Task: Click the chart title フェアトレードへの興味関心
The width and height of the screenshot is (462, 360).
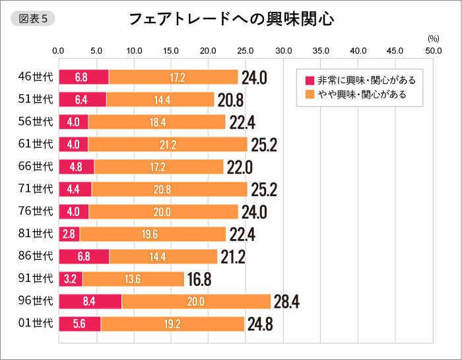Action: [x=231, y=19]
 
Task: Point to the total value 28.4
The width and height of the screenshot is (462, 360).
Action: [x=286, y=302]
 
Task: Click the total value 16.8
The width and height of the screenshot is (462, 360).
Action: [x=199, y=279]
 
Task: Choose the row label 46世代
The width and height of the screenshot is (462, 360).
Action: [x=36, y=77]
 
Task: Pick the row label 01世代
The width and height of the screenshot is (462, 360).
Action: [x=36, y=324]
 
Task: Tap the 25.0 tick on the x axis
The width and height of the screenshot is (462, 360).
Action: [x=246, y=51]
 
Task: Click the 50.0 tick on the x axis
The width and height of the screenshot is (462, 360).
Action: [x=433, y=51]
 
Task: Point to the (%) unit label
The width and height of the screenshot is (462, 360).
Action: [x=433, y=39]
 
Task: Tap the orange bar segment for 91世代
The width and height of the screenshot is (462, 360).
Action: [x=133, y=279]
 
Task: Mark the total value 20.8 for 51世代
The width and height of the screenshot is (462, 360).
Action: [x=230, y=100]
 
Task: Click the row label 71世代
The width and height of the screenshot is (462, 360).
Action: [x=36, y=190]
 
